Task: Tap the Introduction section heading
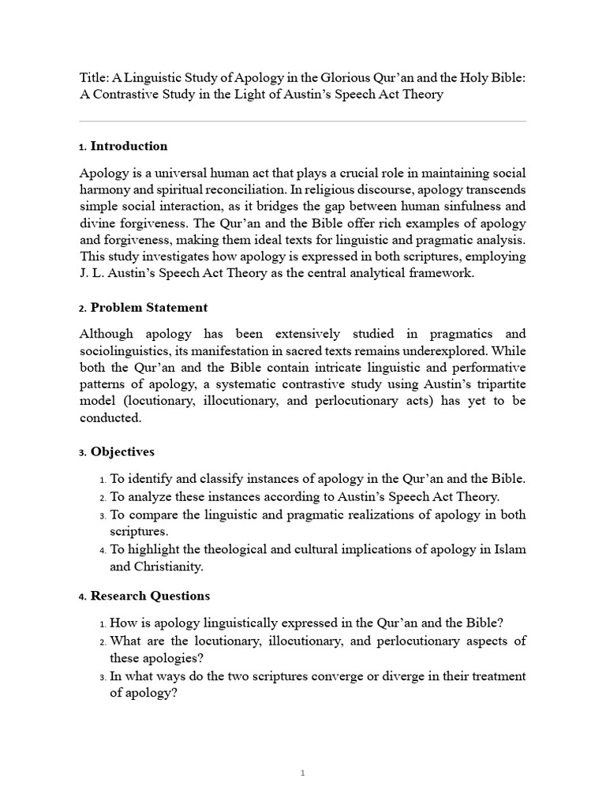tap(129, 146)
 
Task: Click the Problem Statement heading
tap(149, 307)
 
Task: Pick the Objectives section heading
tap(122, 452)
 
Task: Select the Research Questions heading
tap(150, 596)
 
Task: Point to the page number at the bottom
tap(302, 773)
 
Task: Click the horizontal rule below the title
tap(302, 121)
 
